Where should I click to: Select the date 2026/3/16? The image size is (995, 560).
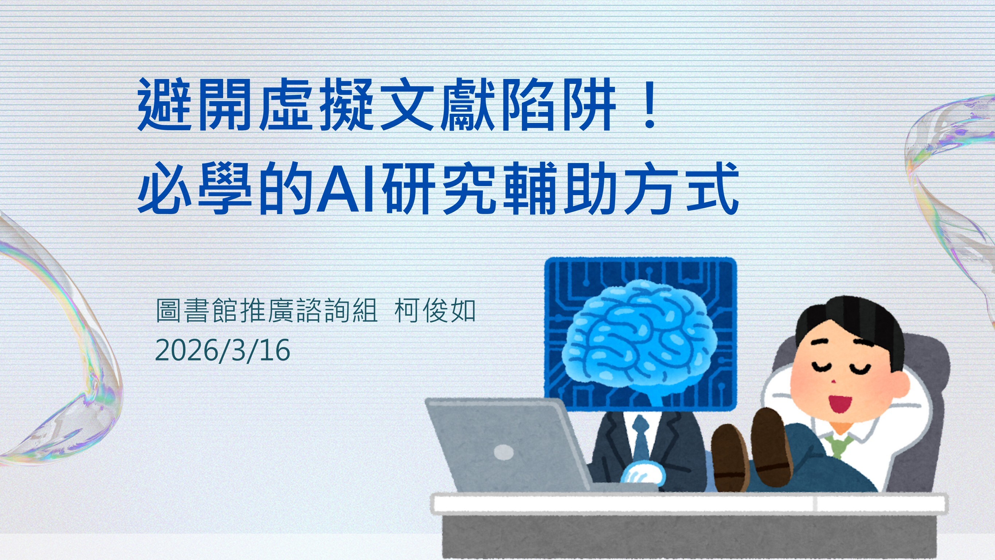tap(223, 350)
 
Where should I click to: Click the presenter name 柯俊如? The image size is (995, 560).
tap(435, 311)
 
